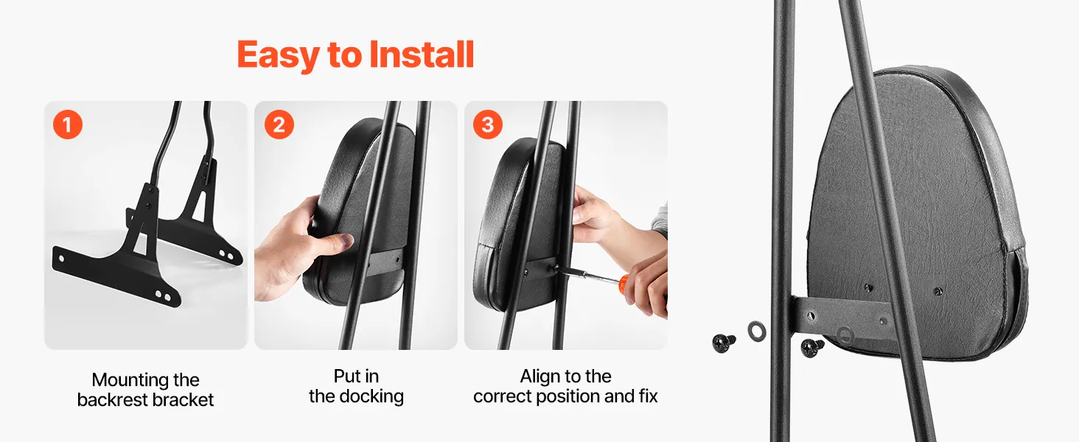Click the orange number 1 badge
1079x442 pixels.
click(x=68, y=124)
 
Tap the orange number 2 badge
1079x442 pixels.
click(x=279, y=124)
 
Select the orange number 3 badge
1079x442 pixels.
click(x=487, y=124)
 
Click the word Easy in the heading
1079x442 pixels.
click(x=279, y=55)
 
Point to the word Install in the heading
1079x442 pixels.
click(x=422, y=54)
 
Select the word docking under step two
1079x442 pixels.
click(x=371, y=396)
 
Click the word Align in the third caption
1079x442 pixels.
click(x=538, y=376)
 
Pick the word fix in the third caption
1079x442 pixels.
click(x=649, y=396)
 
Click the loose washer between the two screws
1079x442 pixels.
click(x=757, y=331)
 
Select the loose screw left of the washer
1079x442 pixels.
click(x=724, y=343)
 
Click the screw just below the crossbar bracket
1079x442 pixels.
click(x=813, y=348)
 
